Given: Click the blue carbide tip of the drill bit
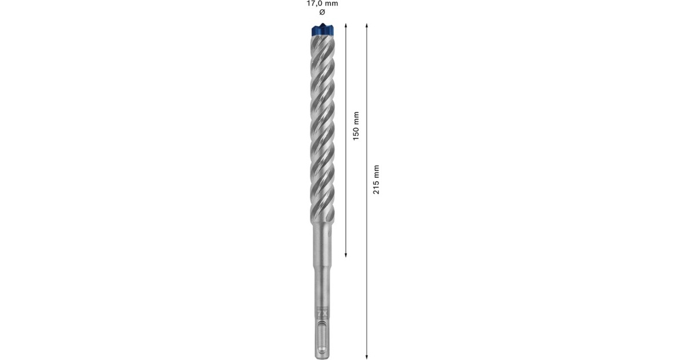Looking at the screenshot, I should click(322, 29).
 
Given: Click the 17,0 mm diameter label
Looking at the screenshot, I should click(322, 3).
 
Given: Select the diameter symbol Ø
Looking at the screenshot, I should click(322, 12).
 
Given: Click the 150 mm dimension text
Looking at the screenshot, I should click(356, 126).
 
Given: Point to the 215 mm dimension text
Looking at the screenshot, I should click(376, 179).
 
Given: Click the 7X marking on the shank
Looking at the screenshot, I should click(322, 313).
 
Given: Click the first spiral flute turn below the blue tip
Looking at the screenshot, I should click(322, 46).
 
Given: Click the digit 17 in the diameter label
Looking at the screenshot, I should click(311, 3).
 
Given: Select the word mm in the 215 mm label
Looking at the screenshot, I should click(376, 170).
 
